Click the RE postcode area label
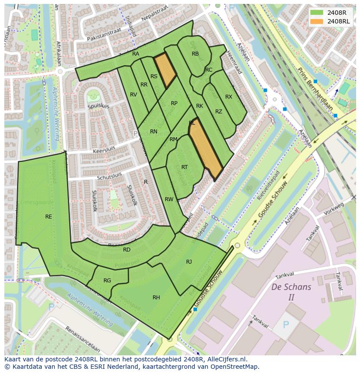click(x=49, y=216)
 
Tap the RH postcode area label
click(x=156, y=297)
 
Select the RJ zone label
click(x=189, y=261)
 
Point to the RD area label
click(x=127, y=249)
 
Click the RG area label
click(x=107, y=280)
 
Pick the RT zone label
click(x=184, y=167)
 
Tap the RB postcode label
click(x=195, y=54)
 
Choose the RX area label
click(x=229, y=96)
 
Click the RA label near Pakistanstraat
click(x=136, y=53)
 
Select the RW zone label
click(x=169, y=199)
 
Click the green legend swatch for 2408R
click(x=317, y=12)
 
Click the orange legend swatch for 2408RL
click(x=317, y=21)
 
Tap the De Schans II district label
click(x=291, y=292)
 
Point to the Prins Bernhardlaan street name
click(x=315, y=89)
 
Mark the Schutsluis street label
click(x=109, y=175)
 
